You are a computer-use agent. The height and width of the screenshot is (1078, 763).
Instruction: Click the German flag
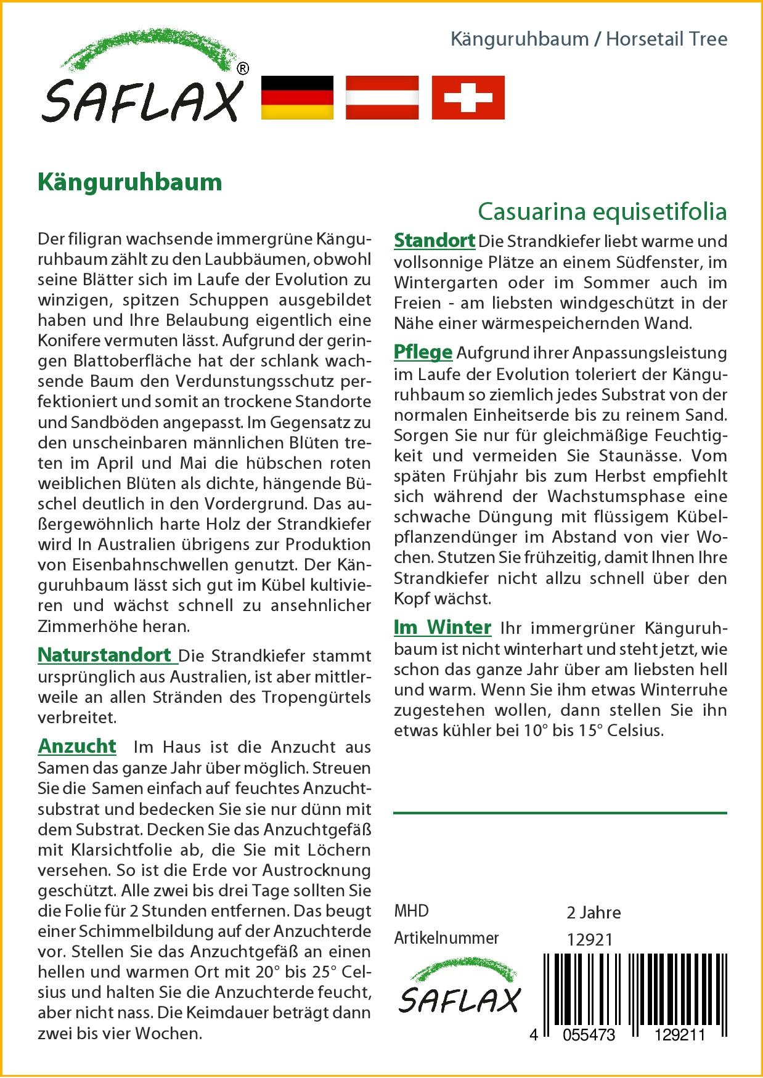(297, 97)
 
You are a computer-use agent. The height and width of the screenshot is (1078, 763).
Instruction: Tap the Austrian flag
(382, 97)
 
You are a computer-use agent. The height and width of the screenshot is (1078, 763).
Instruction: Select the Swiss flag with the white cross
(468, 97)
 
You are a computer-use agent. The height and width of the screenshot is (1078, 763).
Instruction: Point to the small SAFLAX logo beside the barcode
(459, 989)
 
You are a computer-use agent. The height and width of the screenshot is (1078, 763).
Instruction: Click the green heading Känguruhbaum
(130, 182)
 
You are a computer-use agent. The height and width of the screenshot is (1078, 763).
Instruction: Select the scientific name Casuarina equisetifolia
(602, 211)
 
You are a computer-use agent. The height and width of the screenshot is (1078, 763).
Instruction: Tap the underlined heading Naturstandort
(105, 655)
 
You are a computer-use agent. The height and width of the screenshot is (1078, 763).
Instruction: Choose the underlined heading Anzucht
(77, 746)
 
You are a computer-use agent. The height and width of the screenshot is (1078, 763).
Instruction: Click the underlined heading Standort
(435, 240)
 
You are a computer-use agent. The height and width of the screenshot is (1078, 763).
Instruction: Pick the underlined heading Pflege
(423, 352)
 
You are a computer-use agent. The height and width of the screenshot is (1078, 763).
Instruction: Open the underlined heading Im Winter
(443, 627)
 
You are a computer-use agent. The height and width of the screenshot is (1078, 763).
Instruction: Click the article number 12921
(590, 939)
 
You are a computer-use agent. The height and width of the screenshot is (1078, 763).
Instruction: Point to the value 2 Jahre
(594, 912)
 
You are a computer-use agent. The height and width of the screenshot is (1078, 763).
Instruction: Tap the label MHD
(411, 911)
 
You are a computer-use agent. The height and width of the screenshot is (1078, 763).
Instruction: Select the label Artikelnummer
(446, 938)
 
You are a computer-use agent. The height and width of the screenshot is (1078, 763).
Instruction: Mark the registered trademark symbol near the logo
(243, 69)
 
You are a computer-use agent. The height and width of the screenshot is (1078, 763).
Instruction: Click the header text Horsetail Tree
(666, 39)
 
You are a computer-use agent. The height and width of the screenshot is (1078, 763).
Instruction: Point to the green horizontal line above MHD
(560, 813)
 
